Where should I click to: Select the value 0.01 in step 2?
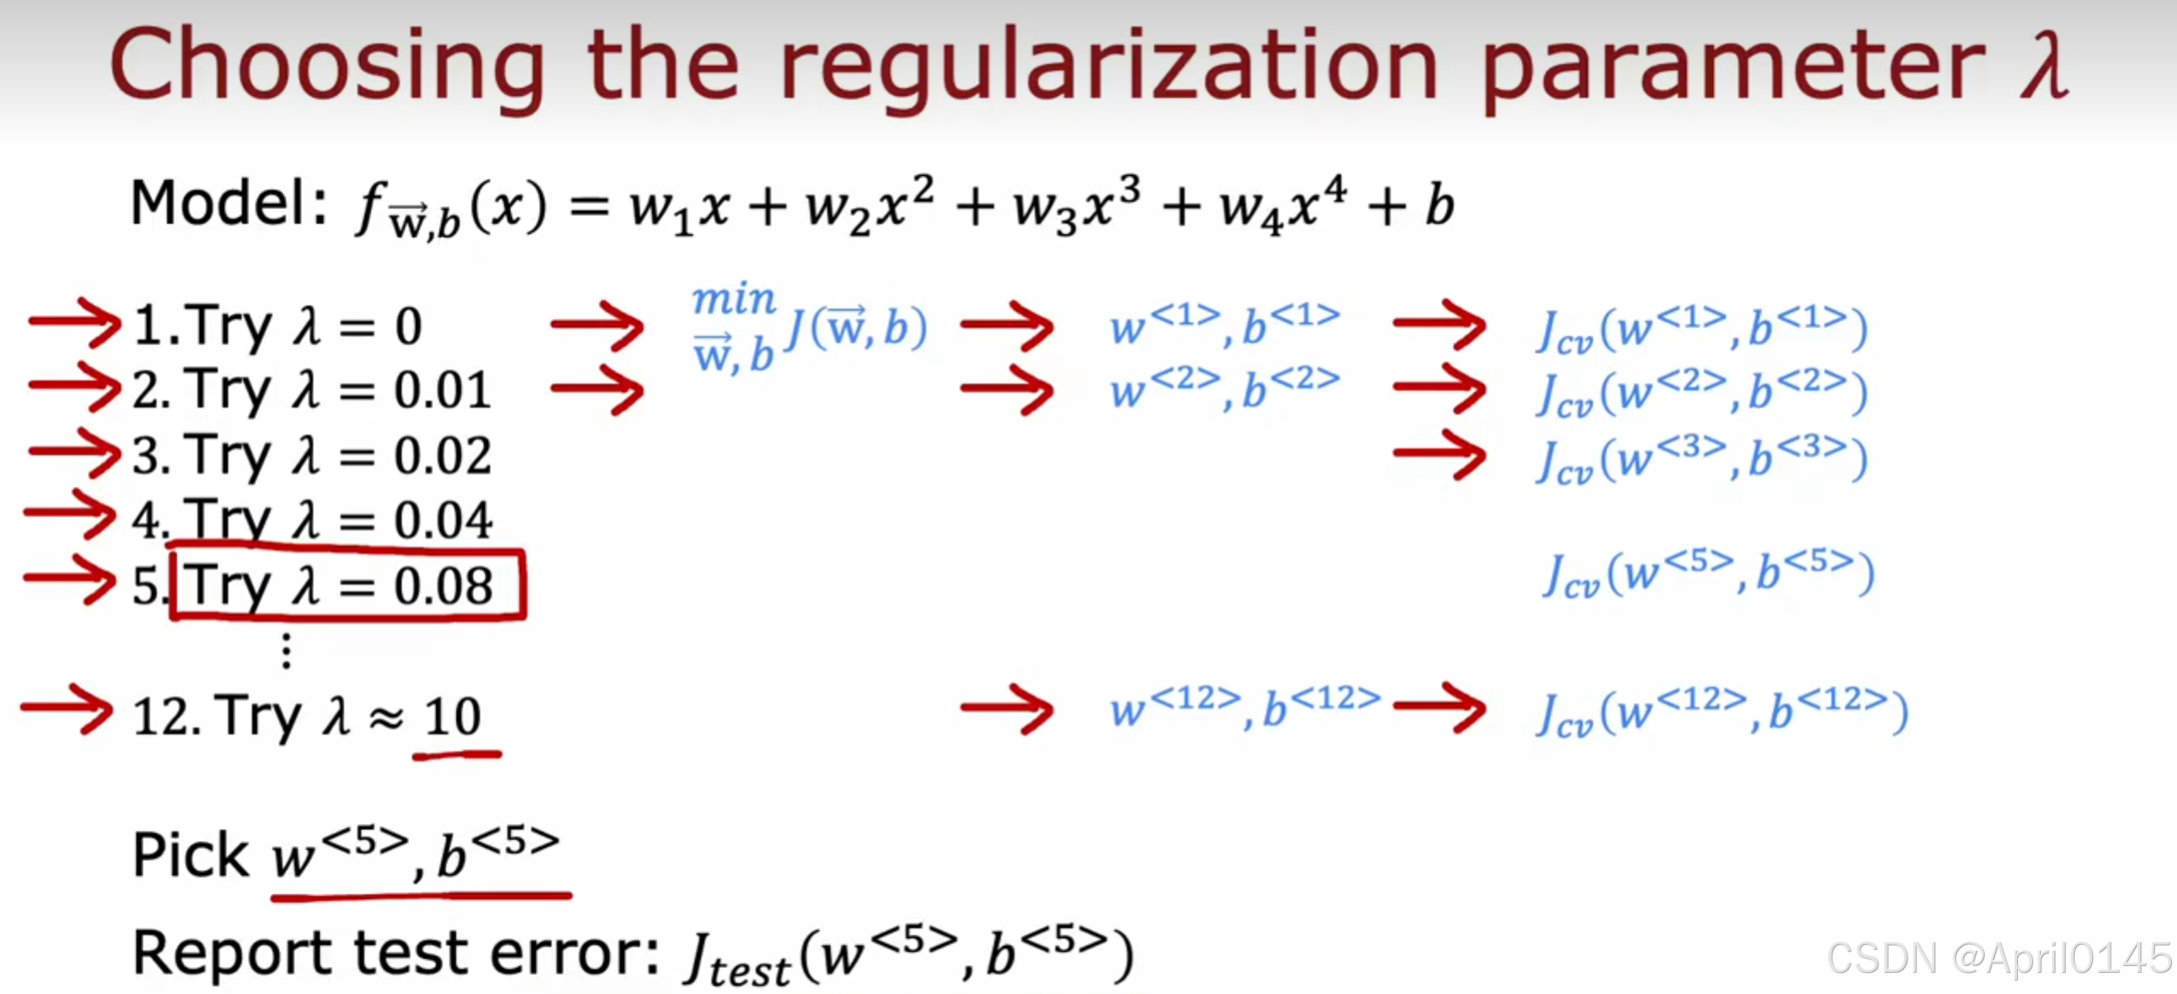pyautogui.click(x=442, y=391)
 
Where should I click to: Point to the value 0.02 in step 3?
pyautogui.click(x=442, y=456)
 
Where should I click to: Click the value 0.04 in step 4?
pyautogui.click(x=442, y=520)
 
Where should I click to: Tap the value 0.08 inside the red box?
pyautogui.click(x=442, y=587)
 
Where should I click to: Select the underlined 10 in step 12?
pyautogui.click(x=453, y=717)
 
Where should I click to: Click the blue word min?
pyautogui.click(x=733, y=300)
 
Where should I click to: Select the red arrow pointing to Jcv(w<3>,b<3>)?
pyautogui.click(x=1439, y=455)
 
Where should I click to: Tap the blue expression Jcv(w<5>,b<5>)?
pyautogui.click(x=1708, y=575)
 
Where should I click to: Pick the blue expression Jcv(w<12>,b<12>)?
pyautogui.click(x=1722, y=713)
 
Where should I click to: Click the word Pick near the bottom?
pyautogui.click(x=191, y=855)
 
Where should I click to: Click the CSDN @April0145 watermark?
pyautogui.click(x=1999, y=959)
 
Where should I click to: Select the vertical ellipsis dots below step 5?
pyautogui.click(x=287, y=651)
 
